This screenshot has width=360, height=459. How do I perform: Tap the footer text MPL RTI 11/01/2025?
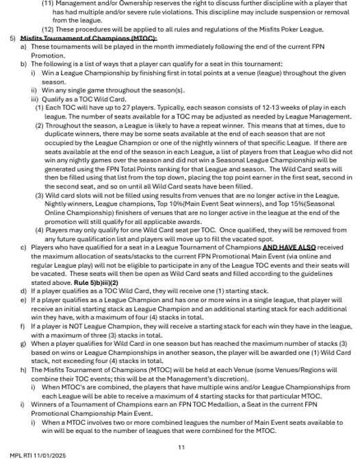pos(38,454)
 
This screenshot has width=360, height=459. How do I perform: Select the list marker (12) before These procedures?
pos(47,29)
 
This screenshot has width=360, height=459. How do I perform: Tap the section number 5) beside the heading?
pos(12,38)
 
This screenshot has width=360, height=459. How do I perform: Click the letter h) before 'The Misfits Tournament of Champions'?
pos(23,369)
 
